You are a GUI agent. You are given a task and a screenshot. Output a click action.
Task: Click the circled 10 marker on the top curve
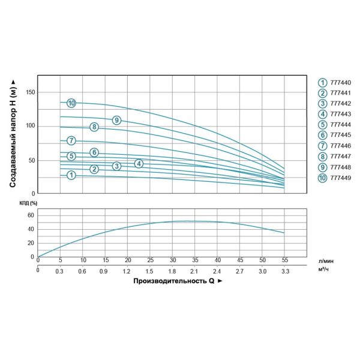click(71, 103)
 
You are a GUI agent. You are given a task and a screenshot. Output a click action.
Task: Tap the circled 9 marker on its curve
click(116, 121)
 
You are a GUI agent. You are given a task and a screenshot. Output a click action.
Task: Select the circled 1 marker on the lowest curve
click(71, 175)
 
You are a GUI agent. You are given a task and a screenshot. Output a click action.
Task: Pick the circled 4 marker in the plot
click(139, 164)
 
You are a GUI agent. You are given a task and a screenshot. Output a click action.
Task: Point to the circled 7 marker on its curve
click(71, 141)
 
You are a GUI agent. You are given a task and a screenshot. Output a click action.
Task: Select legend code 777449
click(341, 178)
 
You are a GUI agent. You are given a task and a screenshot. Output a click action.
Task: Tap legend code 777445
click(341, 136)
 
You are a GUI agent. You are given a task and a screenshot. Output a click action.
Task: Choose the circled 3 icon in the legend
click(323, 104)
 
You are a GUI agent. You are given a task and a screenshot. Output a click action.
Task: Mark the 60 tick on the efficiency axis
click(31, 215)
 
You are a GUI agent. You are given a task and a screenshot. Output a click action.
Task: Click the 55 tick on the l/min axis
click(284, 260)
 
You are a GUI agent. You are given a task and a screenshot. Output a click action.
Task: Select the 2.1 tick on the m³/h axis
click(194, 271)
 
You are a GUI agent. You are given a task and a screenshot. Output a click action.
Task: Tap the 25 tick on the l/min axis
click(150, 260)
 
